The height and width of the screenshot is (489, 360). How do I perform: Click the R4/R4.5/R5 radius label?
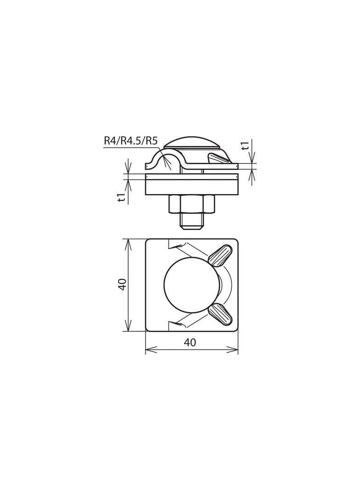130,141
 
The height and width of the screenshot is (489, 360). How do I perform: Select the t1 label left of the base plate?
121,197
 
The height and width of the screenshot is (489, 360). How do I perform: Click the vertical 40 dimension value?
121,284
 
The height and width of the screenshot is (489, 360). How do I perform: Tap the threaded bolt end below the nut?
191,222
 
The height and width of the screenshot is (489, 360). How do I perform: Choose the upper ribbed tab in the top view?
220,256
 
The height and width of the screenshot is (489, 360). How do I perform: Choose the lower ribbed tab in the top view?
220,314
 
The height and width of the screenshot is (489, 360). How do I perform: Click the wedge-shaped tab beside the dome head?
217,158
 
